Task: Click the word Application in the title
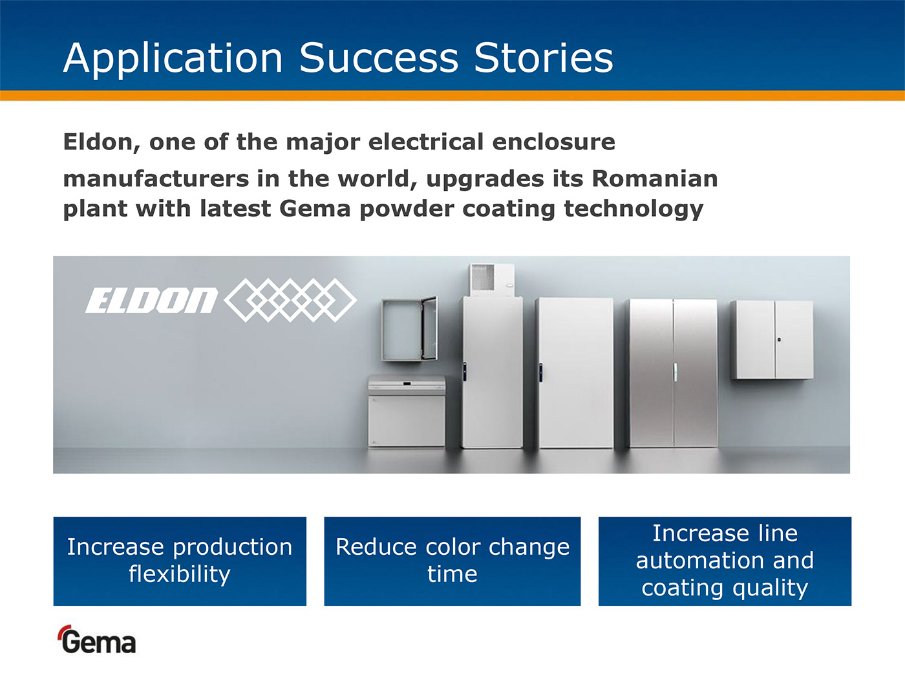point(173,59)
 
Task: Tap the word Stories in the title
point(544,58)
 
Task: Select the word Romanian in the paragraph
point(655,179)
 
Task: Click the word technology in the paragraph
point(633,210)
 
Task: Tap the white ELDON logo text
point(151,300)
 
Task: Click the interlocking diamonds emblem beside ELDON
point(290,300)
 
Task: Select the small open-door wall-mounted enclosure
point(409,329)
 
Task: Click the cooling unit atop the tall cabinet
point(491,280)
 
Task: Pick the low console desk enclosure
point(407,411)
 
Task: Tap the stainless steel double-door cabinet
point(674,373)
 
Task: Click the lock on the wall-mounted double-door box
point(779,340)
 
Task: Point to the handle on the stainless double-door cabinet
point(674,372)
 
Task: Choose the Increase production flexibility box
point(180,561)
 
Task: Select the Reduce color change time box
point(452,561)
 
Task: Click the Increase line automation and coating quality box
point(725,561)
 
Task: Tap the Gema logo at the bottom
point(98,640)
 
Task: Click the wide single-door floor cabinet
point(575,373)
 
